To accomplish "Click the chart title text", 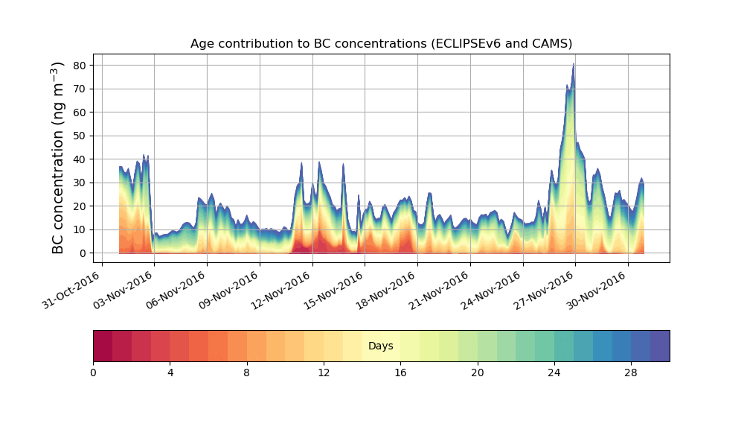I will [x=381, y=43].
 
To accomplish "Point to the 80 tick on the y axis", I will [x=79, y=65].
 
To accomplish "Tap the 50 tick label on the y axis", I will [x=79, y=136].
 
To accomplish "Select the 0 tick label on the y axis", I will [x=82, y=253].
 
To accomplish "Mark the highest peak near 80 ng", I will [x=574, y=65].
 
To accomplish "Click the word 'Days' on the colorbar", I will [x=381, y=346].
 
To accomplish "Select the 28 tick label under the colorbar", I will [x=631, y=372].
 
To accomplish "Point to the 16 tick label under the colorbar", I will [x=400, y=372].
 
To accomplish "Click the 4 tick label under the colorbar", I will [x=170, y=372].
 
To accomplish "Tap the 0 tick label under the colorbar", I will [x=93, y=372].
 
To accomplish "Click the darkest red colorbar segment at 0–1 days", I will [x=103, y=346].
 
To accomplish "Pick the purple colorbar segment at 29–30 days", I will [x=660, y=346].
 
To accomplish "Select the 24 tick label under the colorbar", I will [x=554, y=372].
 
